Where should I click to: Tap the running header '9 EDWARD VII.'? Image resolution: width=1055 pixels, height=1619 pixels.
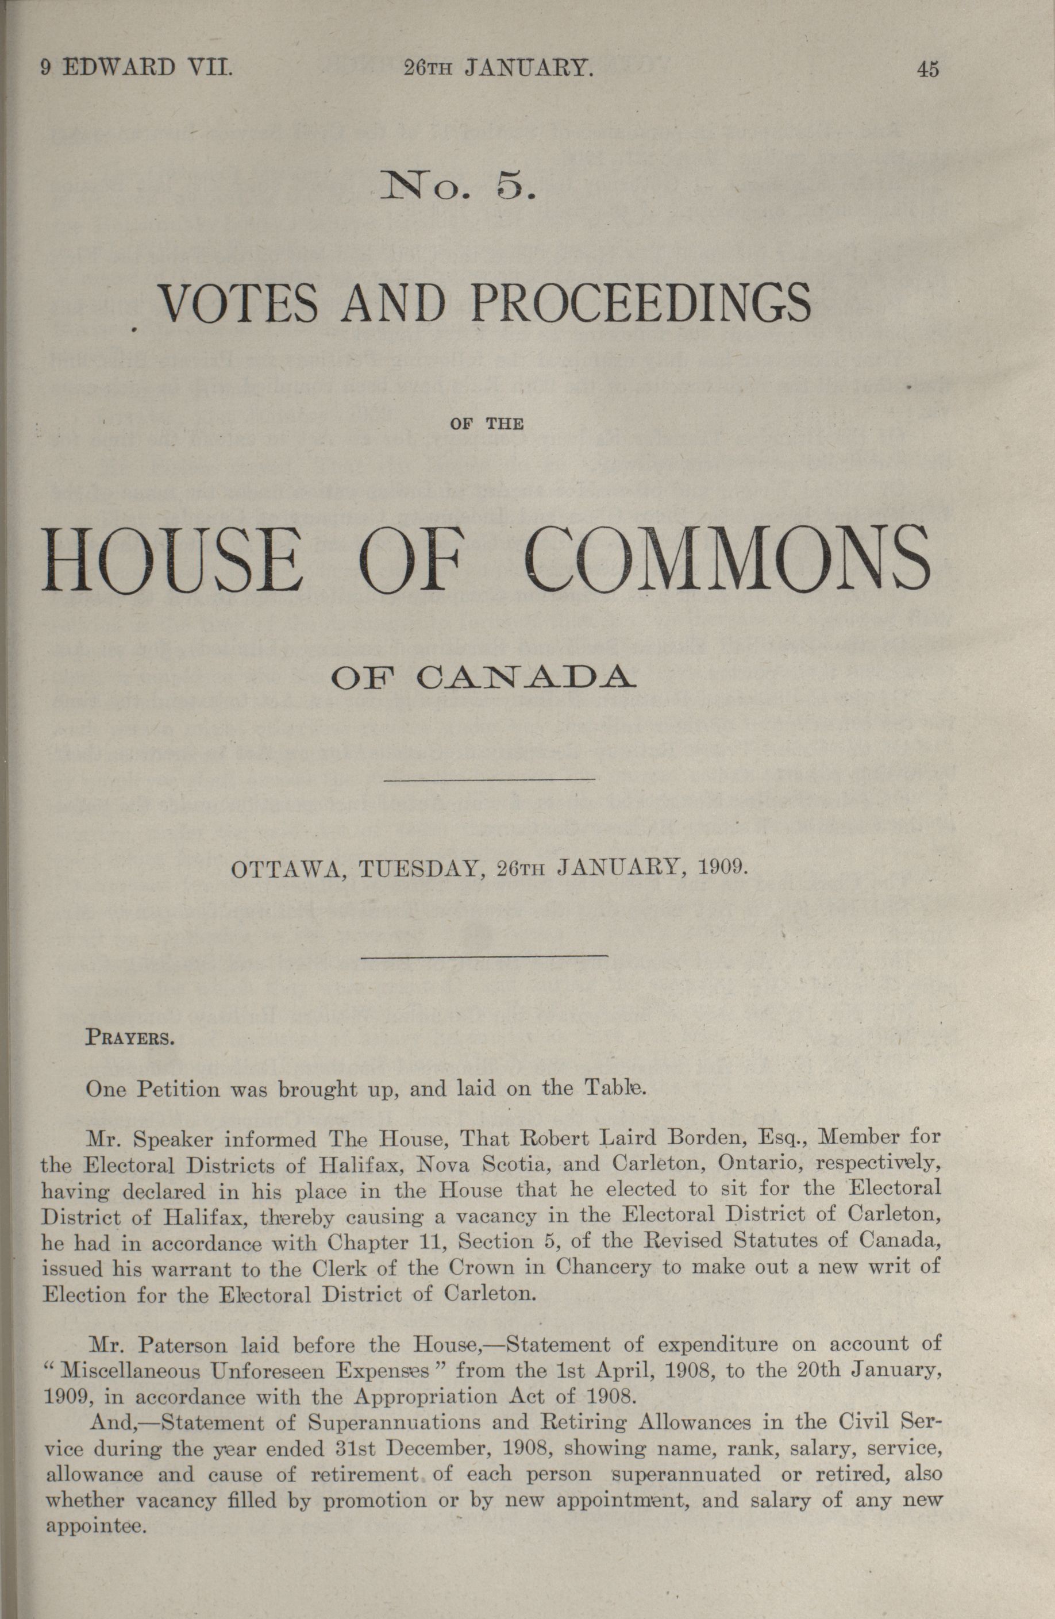(x=137, y=68)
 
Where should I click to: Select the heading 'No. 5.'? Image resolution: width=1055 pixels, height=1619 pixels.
(x=460, y=186)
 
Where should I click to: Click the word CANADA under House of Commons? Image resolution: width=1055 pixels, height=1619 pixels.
(x=526, y=679)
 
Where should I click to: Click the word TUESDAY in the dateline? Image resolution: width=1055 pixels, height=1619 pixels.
(x=421, y=870)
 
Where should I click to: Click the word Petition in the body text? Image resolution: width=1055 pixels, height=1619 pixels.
(x=181, y=1089)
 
